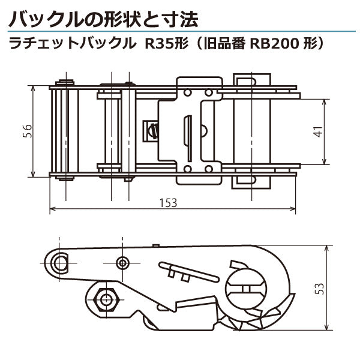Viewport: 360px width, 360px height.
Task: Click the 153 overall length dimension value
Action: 169,203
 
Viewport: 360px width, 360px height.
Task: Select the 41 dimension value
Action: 317,132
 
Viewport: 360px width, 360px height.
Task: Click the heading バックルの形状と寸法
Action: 103,19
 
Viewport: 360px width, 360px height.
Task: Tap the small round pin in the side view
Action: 123,263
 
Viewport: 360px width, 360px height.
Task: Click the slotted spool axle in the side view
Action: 245,284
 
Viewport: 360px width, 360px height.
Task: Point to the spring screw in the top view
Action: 152,130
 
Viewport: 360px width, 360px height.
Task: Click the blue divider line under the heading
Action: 180,32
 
